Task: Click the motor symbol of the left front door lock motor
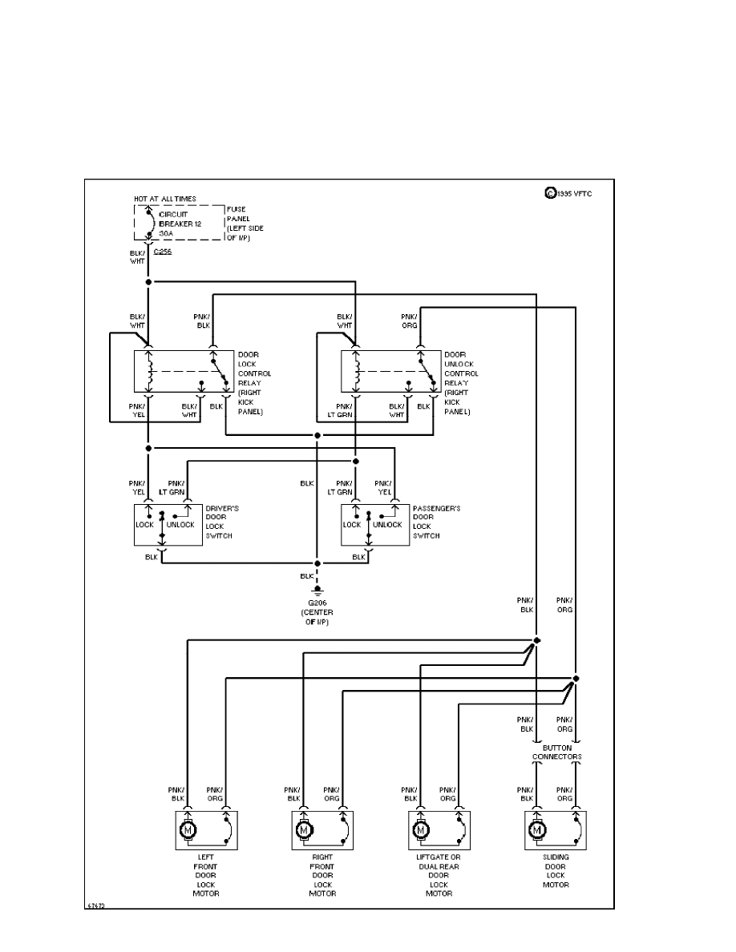[188, 830]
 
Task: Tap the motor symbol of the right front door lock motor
[305, 830]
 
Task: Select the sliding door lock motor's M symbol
[536, 830]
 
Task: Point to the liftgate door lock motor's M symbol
[420, 830]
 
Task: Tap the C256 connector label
[162, 252]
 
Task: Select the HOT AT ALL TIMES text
[165, 199]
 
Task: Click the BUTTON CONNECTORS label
[556, 752]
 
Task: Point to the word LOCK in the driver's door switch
[145, 524]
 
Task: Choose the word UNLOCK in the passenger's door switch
[387, 524]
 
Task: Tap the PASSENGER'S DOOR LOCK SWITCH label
[436, 522]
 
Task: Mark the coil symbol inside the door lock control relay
[149, 370]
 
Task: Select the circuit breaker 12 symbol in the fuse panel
[148, 222]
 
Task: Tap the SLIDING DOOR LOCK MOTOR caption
[556, 875]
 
